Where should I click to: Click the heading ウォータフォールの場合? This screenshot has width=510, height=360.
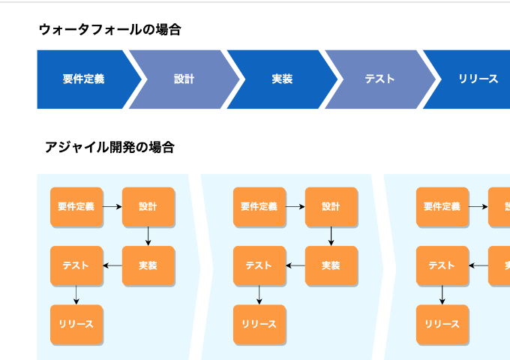(x=109, y=30)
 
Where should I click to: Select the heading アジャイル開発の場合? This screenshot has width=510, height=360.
(x=109, y=147)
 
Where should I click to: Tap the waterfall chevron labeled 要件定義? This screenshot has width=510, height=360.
(x=84, y=79)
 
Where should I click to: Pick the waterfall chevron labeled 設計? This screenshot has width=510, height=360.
(x=183, y=79)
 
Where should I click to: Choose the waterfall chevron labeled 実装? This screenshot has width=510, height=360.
(x=282, y=79)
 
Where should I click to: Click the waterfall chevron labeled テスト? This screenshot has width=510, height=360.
(x=379, y=79)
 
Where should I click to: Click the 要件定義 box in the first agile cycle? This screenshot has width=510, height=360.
(x=76, y=206)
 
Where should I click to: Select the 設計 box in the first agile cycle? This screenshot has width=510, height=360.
(x=148, y=206)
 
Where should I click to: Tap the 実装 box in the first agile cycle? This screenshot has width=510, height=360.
(x=148, y=265)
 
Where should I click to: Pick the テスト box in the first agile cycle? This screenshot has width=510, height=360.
(x=76, y=265)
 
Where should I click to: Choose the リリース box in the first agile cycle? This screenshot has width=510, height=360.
(x=76, y=324)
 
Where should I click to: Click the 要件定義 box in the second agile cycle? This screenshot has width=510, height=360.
(x=259, y=206)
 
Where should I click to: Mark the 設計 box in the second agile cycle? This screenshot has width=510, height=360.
(x=331, y=206)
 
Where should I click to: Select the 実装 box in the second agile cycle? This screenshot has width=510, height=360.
(x=331, y=265)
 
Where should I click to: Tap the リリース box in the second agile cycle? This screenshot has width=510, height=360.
(x=259, y=324)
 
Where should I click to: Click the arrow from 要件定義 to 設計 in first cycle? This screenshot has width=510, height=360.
(x=112, y=206)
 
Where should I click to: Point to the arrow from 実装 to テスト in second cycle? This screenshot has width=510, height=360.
(x=295, y=265)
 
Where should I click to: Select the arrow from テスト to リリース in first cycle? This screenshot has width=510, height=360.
(x=76, y=295)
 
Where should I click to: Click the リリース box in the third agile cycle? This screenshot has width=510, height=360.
(x=442, y=324)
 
